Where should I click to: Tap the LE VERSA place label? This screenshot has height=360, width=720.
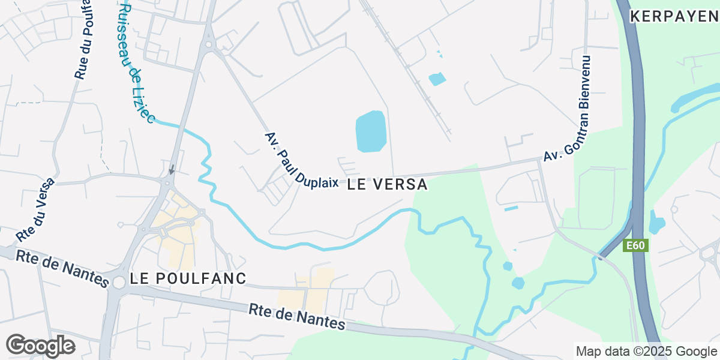(x=387, y=185)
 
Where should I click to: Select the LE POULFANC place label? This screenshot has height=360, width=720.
(x=188, y=279)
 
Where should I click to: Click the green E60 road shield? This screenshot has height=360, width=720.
(x=635, y=246)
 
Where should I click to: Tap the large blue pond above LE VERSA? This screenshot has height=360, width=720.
(x=370, y=131)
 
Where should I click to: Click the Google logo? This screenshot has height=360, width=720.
(x=40, y=346)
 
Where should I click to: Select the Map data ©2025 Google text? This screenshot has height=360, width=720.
(x=646, y=351)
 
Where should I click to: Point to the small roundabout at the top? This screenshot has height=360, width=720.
(x=209, y=44)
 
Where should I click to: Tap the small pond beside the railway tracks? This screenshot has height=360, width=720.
(x=437, y=79)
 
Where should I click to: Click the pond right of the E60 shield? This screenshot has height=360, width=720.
(x=657, y=224)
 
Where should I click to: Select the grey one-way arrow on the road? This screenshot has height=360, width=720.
(x=172, y=170)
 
